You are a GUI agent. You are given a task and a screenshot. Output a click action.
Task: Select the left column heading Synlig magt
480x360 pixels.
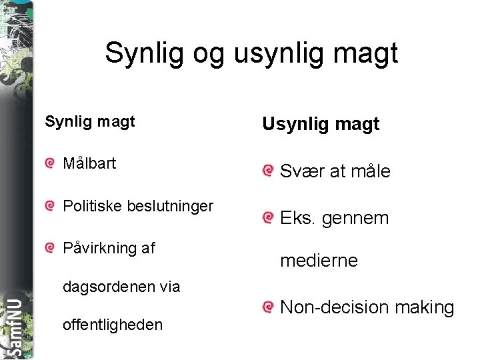(90, 121)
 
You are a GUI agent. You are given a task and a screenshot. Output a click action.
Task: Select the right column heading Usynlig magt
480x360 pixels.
(321, 123)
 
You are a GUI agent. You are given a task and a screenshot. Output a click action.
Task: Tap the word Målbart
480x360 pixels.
(89, 163)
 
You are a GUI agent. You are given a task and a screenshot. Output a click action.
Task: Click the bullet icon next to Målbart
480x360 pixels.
(50, 164)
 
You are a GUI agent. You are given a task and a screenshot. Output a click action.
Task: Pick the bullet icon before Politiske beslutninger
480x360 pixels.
(50, 207)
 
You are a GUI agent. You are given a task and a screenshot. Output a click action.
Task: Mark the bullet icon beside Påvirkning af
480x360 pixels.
(50, 249)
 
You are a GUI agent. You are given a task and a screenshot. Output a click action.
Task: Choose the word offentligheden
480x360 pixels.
(112, 325)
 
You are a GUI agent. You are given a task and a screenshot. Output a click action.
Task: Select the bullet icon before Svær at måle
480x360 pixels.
(268, 171)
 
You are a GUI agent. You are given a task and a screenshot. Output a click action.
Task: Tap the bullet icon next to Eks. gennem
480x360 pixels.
(268, 217)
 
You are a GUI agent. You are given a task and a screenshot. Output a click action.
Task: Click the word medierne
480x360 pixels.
(319, 261)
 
